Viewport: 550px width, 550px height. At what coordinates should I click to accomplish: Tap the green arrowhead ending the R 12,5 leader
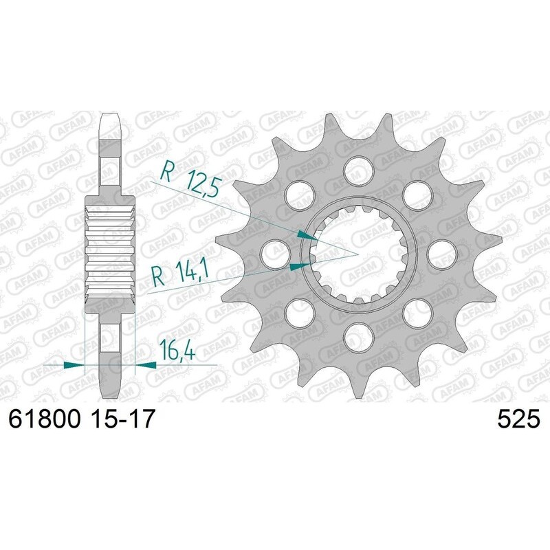[306, 236]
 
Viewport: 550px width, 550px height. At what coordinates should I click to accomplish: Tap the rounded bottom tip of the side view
[111, 392]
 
